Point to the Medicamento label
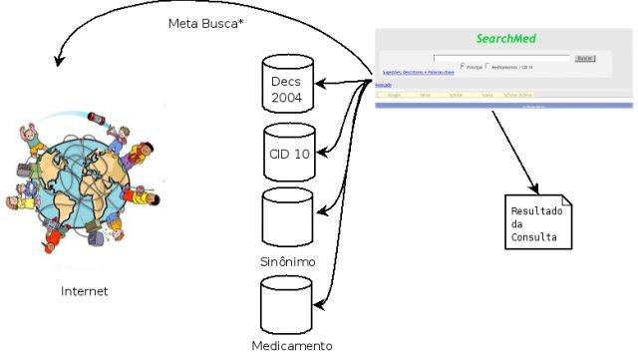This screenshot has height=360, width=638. tap(291, 346)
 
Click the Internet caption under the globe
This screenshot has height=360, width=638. tap(84, 291)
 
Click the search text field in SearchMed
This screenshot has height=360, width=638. tap(501, 59)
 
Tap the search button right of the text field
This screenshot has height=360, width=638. tap(585, 59)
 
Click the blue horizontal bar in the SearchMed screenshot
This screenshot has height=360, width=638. tap(505, 104)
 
